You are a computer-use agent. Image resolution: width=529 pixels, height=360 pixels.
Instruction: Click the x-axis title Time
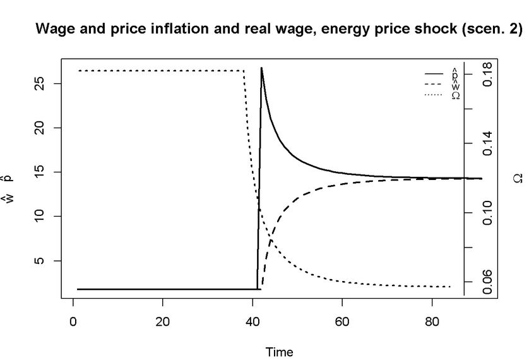tap(279, 352)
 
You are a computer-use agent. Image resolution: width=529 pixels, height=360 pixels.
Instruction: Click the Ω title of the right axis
tap(518, 179)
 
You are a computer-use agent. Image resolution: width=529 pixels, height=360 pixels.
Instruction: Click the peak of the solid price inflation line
tap(261, 68)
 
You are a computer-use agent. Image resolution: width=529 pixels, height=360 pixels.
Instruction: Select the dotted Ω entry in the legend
tap(441, 95)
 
